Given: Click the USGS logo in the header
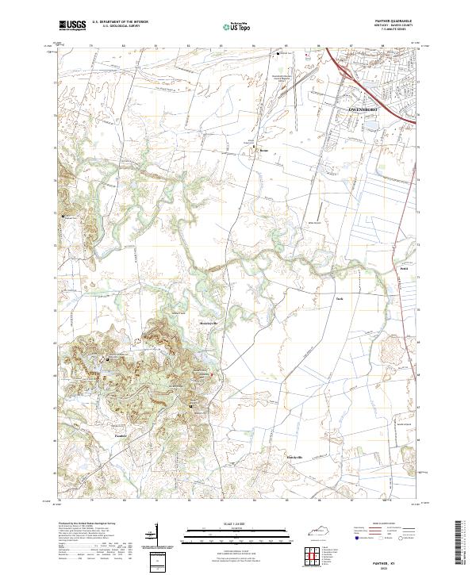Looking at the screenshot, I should pyautogui.click(x=71, y=25).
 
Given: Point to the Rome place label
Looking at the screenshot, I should pyautogui.click(x=265, y=148).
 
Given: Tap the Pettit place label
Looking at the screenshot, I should pyautogui.click(x=403, y=270).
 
